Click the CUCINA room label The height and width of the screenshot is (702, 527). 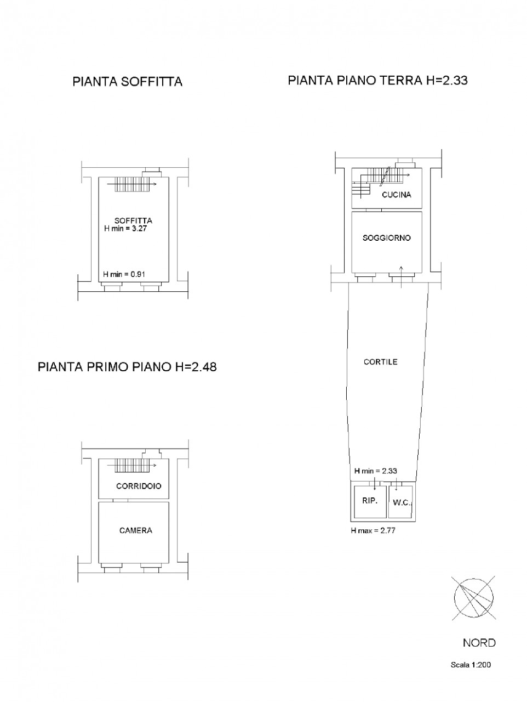[x=397, y=195]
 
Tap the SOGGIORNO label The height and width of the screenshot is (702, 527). [x=386, y=238]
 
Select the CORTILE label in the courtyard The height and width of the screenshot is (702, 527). [x=380, y=362]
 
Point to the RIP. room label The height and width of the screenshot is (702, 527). [x=370, y=501]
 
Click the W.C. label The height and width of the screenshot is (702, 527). [x=402, y=503]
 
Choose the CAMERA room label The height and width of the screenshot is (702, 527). [x=136, y=530]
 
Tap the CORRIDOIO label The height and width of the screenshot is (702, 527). [x=139, y=486]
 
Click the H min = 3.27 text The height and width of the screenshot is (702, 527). [x=125, y=229]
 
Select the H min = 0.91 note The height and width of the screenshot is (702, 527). [x=124, y=274]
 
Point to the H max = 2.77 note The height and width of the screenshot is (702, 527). [x=373, y=530]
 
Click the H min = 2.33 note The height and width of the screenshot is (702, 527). [x=376, y=471]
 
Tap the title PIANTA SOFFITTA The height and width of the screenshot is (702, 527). [x=128, y=82]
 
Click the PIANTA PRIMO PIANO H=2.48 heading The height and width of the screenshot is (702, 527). [x=127, y=367]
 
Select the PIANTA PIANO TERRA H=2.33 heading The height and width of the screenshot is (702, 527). [x=377, y=80]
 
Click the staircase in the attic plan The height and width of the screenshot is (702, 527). [x=132, y=184]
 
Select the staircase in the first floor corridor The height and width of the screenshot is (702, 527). [x=132, y=465]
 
